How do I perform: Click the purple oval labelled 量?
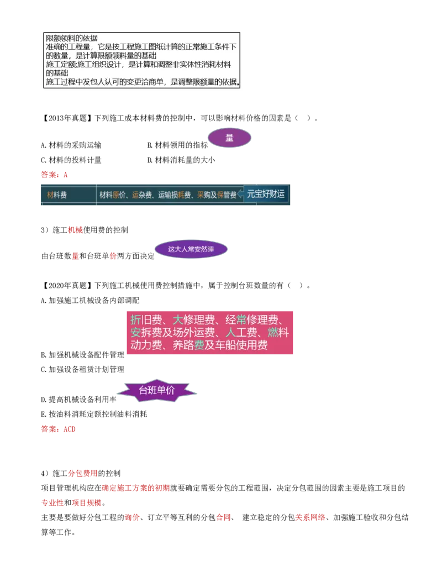point(229,138)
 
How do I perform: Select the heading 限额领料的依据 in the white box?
point(72,38)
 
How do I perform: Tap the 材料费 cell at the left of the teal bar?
point(57,195)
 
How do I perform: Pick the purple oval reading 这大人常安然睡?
point(191,249)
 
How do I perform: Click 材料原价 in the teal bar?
point(113,195)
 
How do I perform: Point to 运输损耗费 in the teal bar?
point(174,195)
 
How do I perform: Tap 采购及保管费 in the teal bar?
point(217,195)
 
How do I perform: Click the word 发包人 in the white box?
point(102,82)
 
